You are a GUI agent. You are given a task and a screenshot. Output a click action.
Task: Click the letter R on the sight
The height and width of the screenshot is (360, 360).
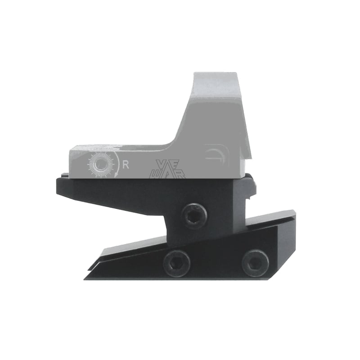click(126, 164)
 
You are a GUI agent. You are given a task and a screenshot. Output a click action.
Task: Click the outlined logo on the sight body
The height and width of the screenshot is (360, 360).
click(170, 169)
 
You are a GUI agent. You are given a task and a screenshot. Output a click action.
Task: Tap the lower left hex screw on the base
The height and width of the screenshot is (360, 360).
click(176, 262)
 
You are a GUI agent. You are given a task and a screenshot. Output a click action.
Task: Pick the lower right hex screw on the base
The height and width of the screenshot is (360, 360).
click(255, 262)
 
